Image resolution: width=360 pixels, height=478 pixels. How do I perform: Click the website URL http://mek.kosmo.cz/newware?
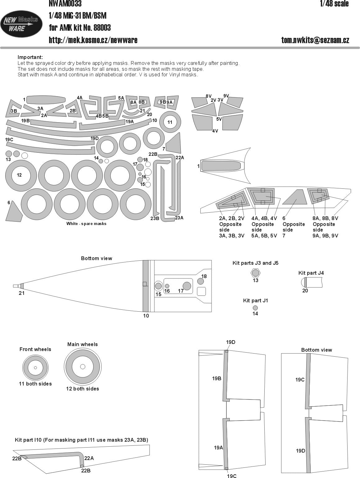pyautogui.click(x=93, y=40)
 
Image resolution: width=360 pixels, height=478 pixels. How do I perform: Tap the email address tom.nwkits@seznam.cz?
pyautogui.click(x=315, y=40)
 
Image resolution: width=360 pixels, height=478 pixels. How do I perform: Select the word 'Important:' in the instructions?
pyautogui.click(x=30, y=57)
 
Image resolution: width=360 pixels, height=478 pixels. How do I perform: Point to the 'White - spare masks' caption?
pyautogui.click(x=86, y=223)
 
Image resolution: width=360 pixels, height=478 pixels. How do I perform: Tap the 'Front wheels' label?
pyautogui.click(x=35, y=349)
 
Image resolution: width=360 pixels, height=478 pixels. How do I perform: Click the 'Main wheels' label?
pyautogui.click(x=82, y=344)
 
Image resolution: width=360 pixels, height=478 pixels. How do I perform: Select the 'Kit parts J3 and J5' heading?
pyautogui.click(x=255, y=263)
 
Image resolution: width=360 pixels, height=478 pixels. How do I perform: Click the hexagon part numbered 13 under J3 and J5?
pyautogui.click(x=255, y=273)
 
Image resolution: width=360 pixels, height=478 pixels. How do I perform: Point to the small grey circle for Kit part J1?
pyautogui.click(x=255, y=308)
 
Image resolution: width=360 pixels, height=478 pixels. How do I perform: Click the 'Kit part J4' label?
pyautogui.click(x=311, y=273)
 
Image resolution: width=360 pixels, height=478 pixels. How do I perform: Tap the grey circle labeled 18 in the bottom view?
pyautogui.click(x=201, y=281)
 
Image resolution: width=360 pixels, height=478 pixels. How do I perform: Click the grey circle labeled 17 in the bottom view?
pyautogui.click(x=187, y=286)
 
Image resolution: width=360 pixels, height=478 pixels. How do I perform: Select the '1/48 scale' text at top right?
pyautogui.click(x=334, y=4)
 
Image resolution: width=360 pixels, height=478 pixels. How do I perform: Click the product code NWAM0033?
pyautogui.click(x=65, y=3)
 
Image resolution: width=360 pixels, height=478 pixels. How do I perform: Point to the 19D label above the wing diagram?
pyautogui.click(x=231, y=342)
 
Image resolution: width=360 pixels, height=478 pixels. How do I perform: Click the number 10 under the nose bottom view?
pyautogui.click(x=146, y=316)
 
